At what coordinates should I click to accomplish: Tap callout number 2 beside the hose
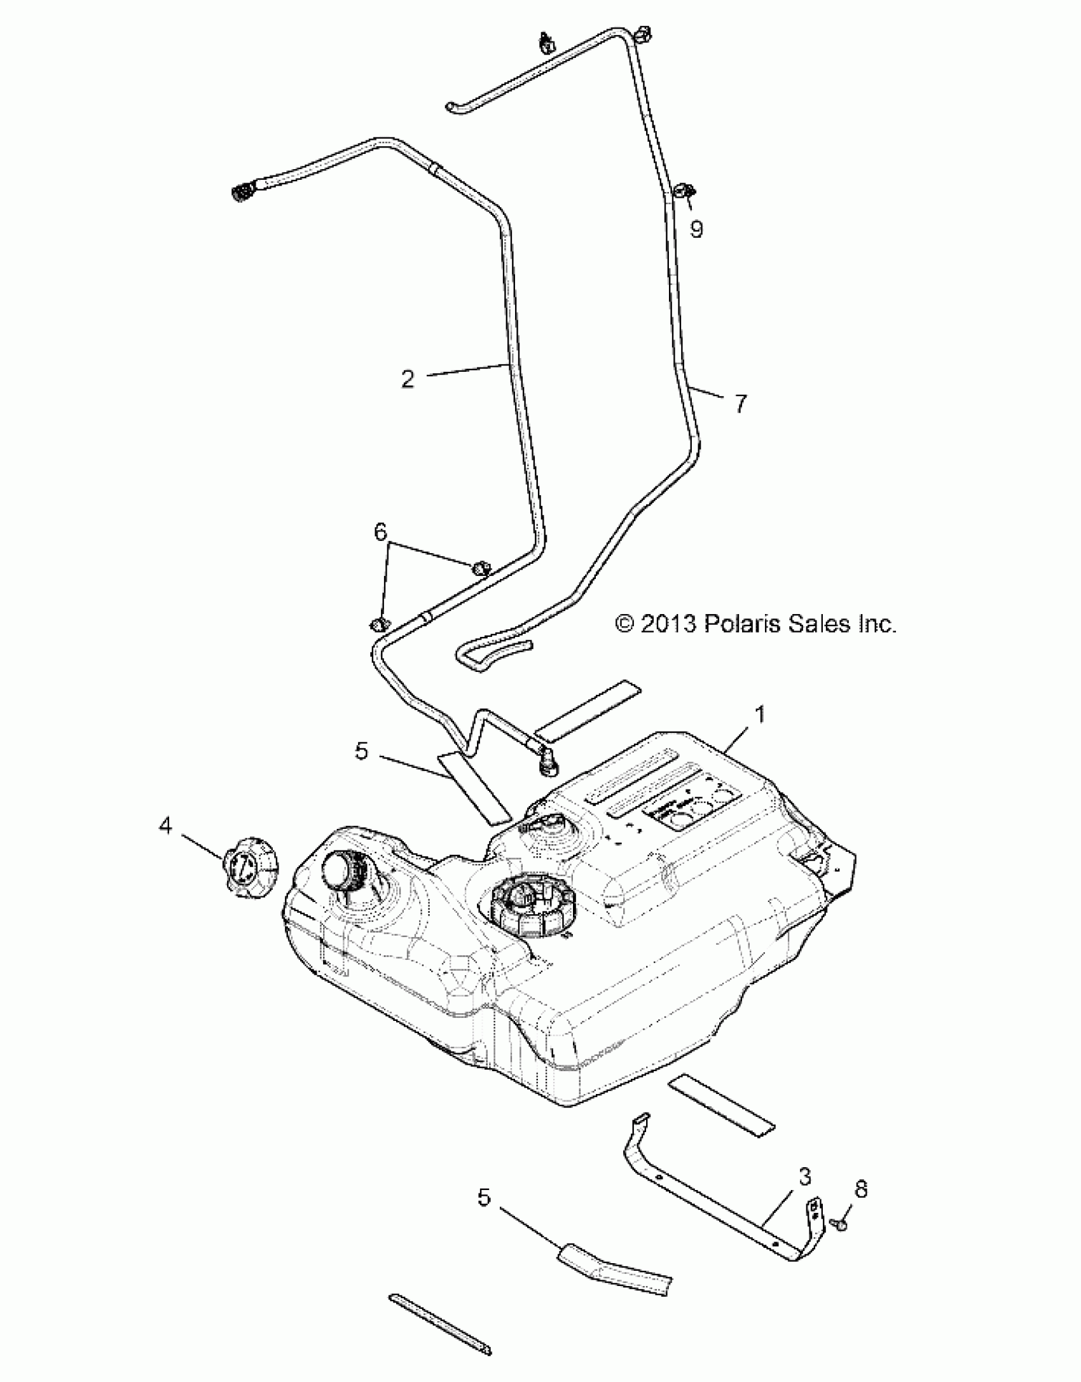408,379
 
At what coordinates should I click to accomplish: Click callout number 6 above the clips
380,533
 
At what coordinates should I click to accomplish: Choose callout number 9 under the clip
696,229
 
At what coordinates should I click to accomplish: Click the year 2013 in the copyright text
668,624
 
